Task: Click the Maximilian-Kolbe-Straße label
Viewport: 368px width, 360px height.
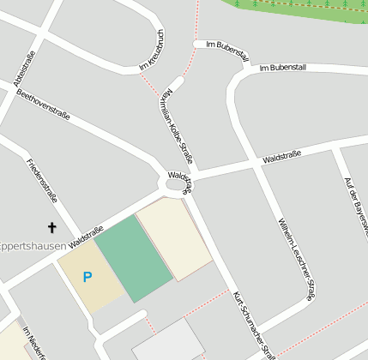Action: point(175,125)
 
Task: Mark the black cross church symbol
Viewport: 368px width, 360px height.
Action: point(51,227)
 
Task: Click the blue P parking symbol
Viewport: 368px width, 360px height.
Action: point(86,277)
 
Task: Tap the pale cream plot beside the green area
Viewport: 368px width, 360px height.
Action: point(175,237)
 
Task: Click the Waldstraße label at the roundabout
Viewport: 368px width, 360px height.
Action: point(181,178)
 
